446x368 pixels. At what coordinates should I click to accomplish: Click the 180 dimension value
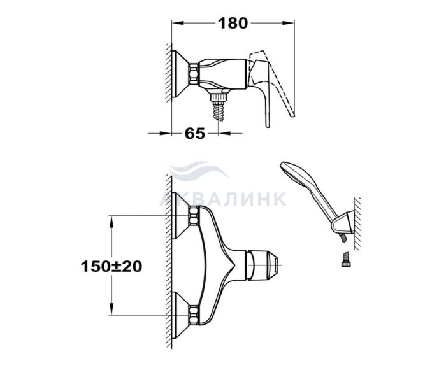pos(233,24)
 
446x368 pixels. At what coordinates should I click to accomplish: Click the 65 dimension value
pos(195,133)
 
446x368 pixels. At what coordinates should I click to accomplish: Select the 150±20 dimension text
pos(111,267)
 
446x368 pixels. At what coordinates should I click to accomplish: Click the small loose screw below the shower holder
pos(346,260)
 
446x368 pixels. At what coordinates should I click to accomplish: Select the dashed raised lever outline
pos(280,82)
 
